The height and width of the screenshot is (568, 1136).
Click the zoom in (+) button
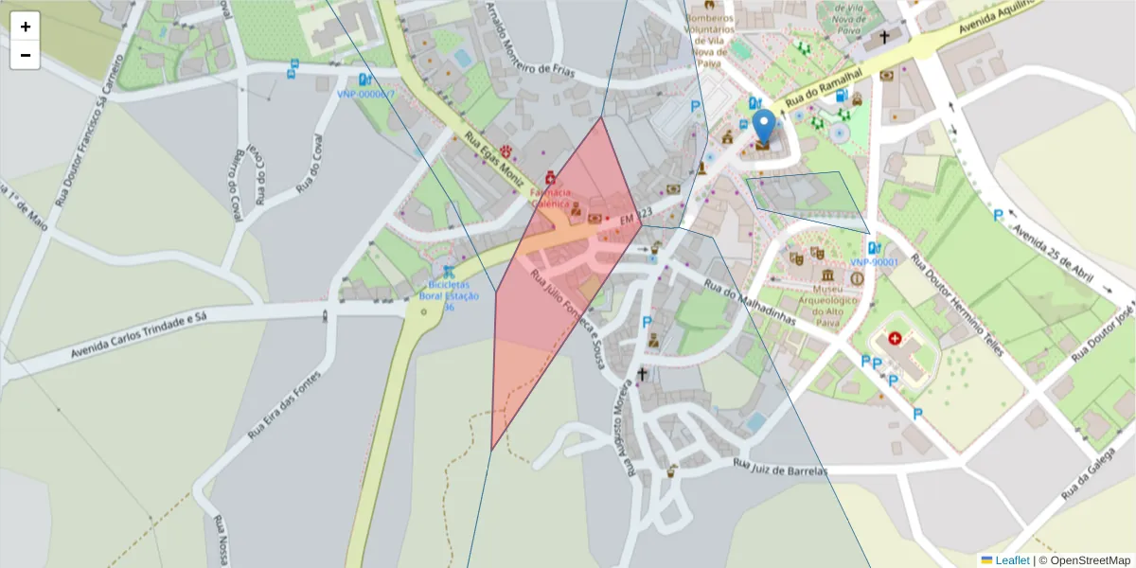[26, 27]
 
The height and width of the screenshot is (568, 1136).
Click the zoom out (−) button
[26, 55]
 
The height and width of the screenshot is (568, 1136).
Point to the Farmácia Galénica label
[550, 197]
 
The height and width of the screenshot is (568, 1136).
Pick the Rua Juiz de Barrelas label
[780, 468]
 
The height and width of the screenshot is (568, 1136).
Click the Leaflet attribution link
[1011, 560]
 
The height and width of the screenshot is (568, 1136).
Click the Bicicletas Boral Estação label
[449, 294]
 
